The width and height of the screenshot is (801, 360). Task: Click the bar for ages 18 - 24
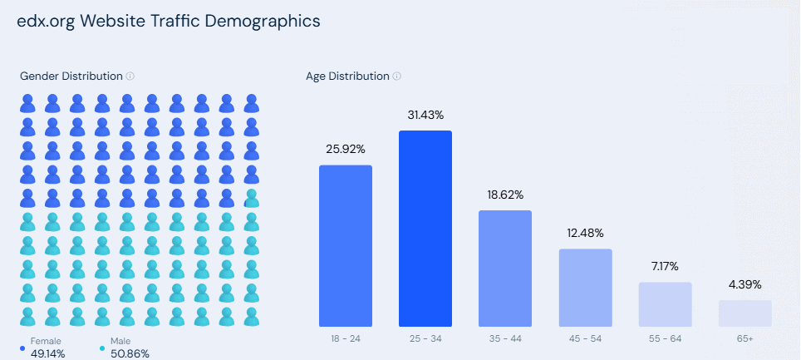[x=346, y=245]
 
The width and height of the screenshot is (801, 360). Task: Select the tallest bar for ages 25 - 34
[x=425, y=229]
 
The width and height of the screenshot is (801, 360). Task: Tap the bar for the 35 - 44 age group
[x=505, y=268]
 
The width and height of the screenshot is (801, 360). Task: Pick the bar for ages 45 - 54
[x=585, y=287]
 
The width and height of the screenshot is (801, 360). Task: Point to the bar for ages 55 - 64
[x=665, y=303]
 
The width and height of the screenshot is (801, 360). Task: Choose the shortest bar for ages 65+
[x=744, y=313]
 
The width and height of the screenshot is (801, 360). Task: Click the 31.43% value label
[x=425, y=115]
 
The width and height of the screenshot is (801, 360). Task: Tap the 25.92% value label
[x=346, y=150]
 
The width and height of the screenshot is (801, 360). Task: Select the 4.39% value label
[x=744, y=284]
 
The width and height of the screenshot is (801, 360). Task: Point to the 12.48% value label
[x=585, y=233]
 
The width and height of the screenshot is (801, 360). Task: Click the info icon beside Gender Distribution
[x=130, y=76]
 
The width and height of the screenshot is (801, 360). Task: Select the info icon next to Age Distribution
[x=397, y=76]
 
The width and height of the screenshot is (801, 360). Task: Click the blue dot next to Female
[x=22, y=348]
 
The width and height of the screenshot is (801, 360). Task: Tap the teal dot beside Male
[x=102, y=348]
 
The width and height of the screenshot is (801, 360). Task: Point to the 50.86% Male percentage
[x=130, y=353]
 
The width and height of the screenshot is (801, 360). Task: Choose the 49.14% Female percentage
[x=48, y=353]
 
